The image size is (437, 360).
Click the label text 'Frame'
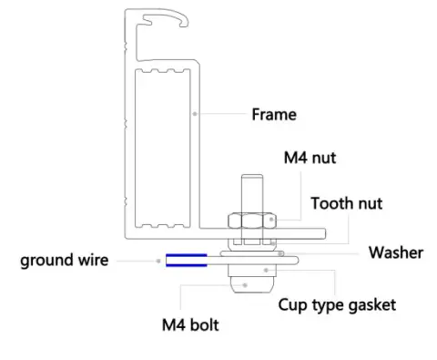click(x=274, y=115)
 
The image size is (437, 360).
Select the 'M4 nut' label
click(x=310, y=158)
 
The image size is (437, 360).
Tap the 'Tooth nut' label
click(x=346, y=203)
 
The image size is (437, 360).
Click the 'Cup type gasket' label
click(x=337, y=304)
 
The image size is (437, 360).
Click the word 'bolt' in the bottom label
click(x=205, y=324)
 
